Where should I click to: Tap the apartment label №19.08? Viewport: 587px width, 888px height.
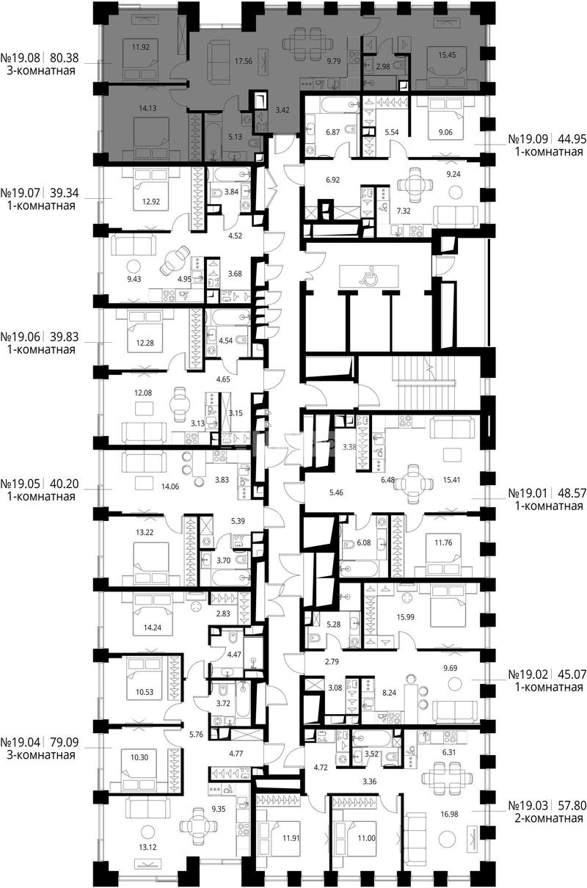coord(21,58)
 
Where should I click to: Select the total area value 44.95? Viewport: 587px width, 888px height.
coord(572,139)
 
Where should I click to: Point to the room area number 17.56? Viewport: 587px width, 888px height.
coord(244,61)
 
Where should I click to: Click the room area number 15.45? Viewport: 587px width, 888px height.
coord(447,55)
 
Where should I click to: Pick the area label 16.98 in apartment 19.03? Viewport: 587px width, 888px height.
coord(449,814)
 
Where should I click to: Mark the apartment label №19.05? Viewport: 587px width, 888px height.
coord(21,484)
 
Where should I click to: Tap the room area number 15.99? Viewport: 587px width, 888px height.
coord(405,617)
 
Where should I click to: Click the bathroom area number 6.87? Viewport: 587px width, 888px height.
coord(332,132)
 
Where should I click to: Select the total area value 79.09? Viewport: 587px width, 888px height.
coord(65,742)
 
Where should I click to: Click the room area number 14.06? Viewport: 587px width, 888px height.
coord(169,487)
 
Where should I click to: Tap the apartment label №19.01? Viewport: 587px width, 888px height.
coord(528,493)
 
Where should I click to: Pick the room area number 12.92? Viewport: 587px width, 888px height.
coord(150,201)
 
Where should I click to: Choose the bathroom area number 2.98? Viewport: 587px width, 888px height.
coord(383,67)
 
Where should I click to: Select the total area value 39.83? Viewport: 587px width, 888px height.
coord(65,337)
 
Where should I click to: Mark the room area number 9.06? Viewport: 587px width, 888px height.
coord(445,132)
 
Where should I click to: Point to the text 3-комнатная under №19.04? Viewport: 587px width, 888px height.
coord(41,754)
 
